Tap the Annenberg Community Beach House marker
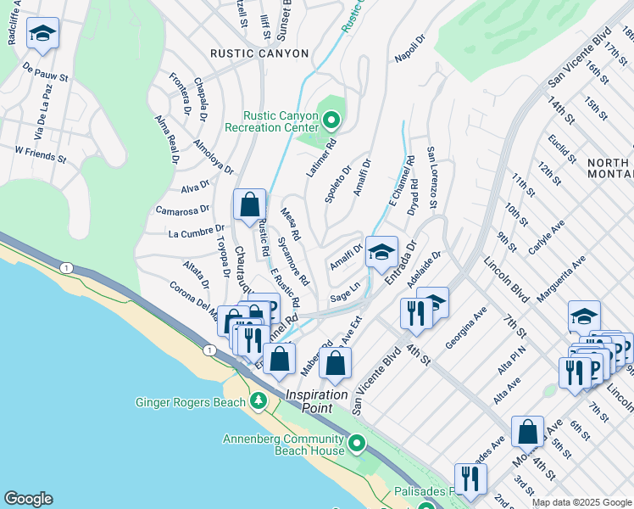point(357,442)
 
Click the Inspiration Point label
point(316,395)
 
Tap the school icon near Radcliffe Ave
point(42,33)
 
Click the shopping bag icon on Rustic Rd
point(249,204)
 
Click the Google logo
point(28,499)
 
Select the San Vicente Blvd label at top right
point(580,59)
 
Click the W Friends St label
point(40,154)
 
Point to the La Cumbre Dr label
point(196,231)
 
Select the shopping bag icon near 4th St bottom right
point(528,431)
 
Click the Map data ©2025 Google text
point(581,502)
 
